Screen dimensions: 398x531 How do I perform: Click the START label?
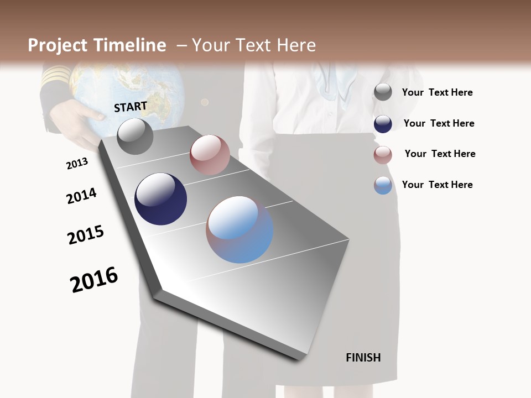(x=131, y=106)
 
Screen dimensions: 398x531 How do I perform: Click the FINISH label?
(x=363, y=358)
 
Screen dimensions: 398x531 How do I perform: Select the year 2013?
(x=77, y=164)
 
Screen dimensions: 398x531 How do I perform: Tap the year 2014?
(x=81, y=196)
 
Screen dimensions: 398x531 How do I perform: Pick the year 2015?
(x=86, y=235)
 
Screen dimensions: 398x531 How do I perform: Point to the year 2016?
(x=94, y=280)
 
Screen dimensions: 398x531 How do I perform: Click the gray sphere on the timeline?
(x=135, y=137)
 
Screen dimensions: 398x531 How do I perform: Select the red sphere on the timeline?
(x=210, y=155)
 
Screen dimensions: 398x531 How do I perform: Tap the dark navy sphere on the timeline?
(x=160, y=199)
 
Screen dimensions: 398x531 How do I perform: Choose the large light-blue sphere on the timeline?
(x=240, y=229)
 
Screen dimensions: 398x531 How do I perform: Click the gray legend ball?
(x=383, y=92)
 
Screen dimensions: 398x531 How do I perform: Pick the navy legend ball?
(x=383, y=124)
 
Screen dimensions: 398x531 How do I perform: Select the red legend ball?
(x=383, y=155)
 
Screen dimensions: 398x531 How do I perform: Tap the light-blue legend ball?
(x=383, y=185)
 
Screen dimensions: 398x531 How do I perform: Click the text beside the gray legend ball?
(x=437, y=92)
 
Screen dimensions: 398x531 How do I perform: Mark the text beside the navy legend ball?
(x=439, y=123)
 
